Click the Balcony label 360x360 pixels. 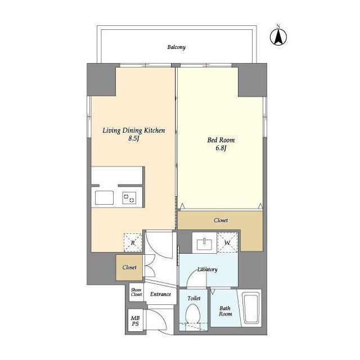tap(176, 47)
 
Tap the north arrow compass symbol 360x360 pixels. tap(278, 36)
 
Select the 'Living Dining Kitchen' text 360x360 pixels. tap(134, 130)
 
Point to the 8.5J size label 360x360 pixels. tap(134, 138)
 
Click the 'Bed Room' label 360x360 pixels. tap(221, 140)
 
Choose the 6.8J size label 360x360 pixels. tap(221, 148)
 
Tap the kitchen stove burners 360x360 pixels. tap(129, 198)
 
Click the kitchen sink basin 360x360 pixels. tap(104, 197)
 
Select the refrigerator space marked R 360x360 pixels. tap(133, 242)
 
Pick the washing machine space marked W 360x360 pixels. tap(227, 242)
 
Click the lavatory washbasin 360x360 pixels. tap(204, 244)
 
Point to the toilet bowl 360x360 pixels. tap(192, 314)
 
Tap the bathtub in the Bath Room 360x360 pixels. tap(251, 309)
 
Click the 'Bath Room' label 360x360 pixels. tap(225, 311)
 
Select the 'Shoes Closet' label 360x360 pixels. tap(136, 292)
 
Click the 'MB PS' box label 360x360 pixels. tap(135, 321)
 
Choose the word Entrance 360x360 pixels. tap(160, 294)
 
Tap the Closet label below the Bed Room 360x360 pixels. tap(220, 220)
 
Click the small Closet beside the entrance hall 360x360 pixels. tap(129, 268)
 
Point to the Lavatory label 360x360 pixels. tap(208, 269)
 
